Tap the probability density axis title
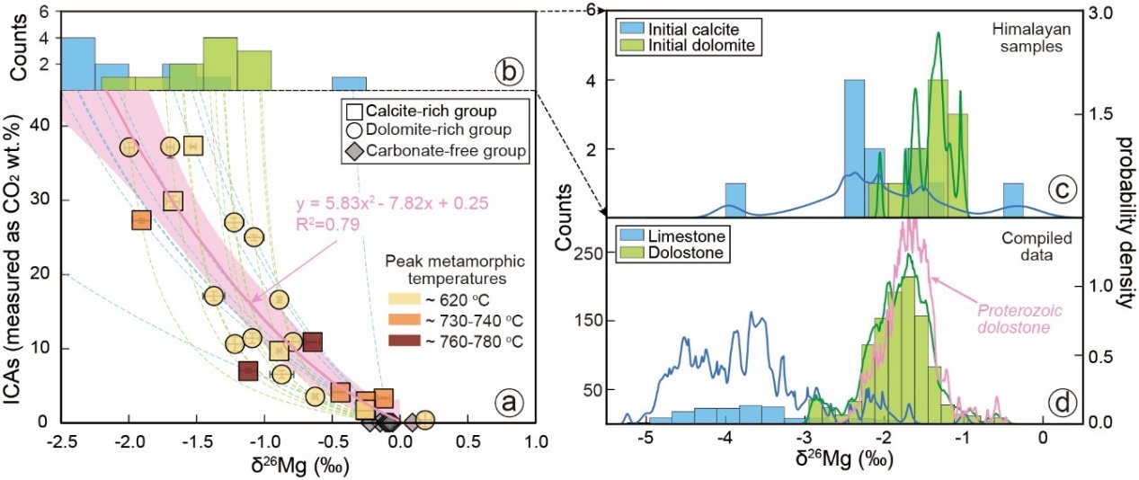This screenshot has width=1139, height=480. click(1123, 215)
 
